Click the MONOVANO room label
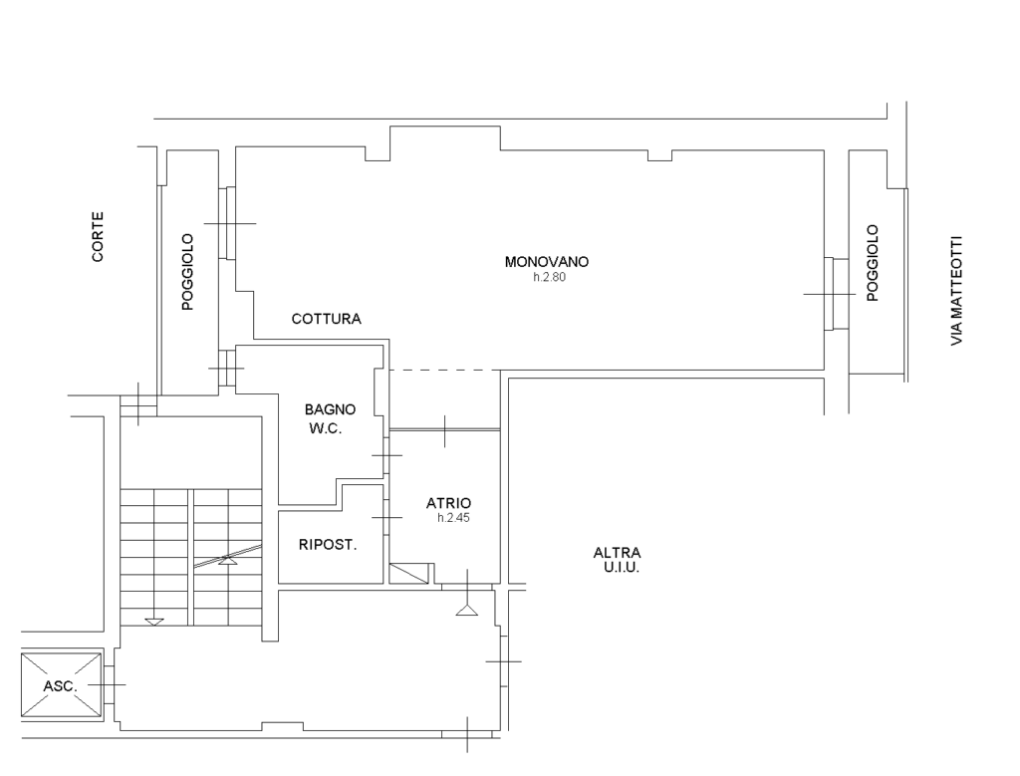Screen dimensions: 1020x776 [547, 261]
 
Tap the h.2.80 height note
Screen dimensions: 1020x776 [550, 277]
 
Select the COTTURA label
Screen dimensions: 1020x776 [326, 319]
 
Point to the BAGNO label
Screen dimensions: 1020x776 [330, 409]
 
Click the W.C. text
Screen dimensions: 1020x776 [326, 428]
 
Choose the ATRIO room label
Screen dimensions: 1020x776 [449, 503]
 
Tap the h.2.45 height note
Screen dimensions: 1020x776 [453, 518]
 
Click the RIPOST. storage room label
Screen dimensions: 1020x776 [328, 545]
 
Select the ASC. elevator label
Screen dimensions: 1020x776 [61, 686]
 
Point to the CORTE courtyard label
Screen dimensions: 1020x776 [98, 237]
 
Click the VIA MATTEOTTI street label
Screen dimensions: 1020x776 [956, 291]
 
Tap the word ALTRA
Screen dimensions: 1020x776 [617, 553]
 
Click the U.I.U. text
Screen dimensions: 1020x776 [622, 567]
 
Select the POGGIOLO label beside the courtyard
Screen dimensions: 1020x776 [187, 272]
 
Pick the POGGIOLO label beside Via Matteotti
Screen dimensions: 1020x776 [873, 263]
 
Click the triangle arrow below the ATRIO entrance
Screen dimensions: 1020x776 [466, 610]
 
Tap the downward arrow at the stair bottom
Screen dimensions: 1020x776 [154, 622]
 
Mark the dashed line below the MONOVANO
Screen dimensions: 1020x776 [445, 371]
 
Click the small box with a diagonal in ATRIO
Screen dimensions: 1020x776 [409, 574]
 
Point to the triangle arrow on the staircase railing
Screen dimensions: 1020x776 [228, 560]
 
